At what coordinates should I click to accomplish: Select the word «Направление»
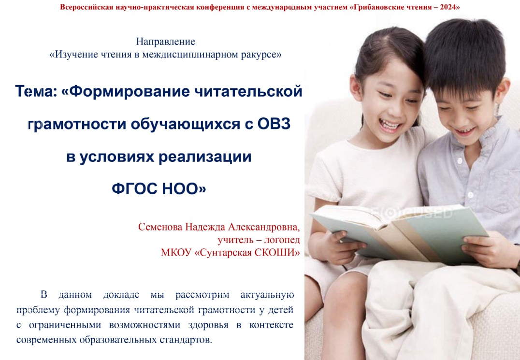point(165,42)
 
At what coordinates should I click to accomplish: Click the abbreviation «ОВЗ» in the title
point(274,124)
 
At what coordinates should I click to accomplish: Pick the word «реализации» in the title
point(205,157)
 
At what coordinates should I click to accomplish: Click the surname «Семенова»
point(160,227)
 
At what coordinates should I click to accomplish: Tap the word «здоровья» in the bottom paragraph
point(208,325)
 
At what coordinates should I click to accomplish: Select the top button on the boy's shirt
point(459,161)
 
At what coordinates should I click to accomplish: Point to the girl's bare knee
point(345,292)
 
